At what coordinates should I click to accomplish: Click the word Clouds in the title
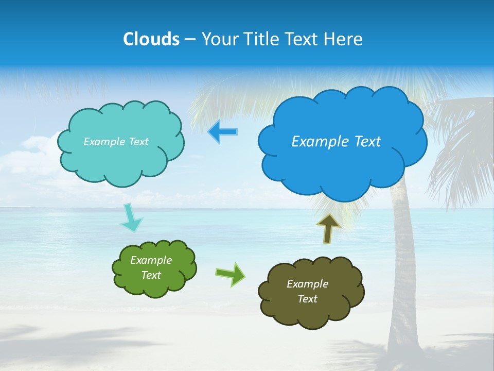[x=151, y=39]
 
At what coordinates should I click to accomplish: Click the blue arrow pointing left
[x=222, y=132]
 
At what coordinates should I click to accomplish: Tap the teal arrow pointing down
[x=131, y=217]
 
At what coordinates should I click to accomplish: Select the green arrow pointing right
[x=231, y=274]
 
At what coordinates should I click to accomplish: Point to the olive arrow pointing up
[x=328, y=228]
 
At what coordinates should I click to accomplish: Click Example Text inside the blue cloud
[x=336, y=142]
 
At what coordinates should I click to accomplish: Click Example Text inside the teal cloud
[x=116, y=142]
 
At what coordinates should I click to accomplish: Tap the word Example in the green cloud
[x=151, y=260]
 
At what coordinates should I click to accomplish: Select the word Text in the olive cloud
[x=307, y=299]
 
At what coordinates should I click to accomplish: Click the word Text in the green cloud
[x=151, y=275]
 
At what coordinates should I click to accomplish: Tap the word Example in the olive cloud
[x=307, y=284]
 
